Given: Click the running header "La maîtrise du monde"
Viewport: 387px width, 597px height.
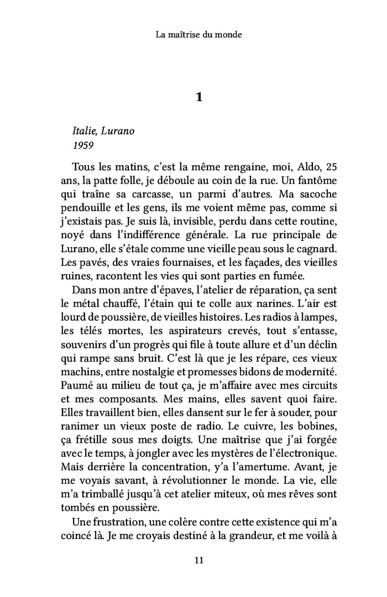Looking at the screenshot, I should (x=199, y=34).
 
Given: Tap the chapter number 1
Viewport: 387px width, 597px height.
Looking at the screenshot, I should (x=200, y=97).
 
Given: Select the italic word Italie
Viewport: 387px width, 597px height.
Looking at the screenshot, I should (x=84, y=133).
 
